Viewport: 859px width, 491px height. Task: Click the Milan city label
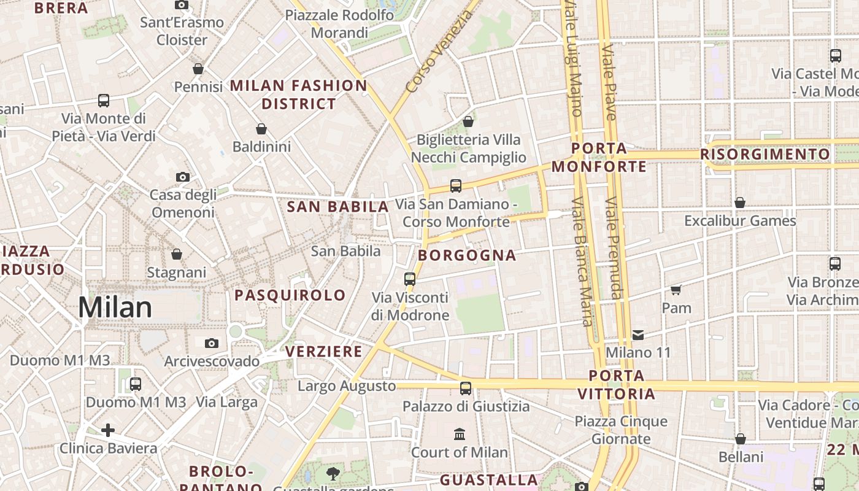115,307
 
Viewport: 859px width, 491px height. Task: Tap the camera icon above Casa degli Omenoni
182,177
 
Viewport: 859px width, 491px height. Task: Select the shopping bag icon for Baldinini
261,129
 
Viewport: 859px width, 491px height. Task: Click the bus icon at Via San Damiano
455,185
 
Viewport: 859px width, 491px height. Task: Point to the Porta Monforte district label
599,158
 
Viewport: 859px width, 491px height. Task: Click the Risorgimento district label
765,154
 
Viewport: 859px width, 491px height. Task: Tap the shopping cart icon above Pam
676,290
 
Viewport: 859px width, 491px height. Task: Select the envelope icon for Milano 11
638,334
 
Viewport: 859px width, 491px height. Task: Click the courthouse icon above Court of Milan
459,435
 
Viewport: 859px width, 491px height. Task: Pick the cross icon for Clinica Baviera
108,430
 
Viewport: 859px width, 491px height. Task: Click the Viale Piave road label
609,81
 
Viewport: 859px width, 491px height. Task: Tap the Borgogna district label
467,255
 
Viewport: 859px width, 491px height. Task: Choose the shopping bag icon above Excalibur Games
740,203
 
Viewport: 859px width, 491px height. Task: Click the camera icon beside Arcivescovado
212,343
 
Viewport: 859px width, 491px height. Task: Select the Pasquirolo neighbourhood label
290,295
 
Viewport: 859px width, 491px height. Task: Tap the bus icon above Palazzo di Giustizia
466,388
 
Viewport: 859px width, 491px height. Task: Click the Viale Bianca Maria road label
582,261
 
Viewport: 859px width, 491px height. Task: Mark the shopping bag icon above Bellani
741,439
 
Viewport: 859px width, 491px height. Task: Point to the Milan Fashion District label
299,95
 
